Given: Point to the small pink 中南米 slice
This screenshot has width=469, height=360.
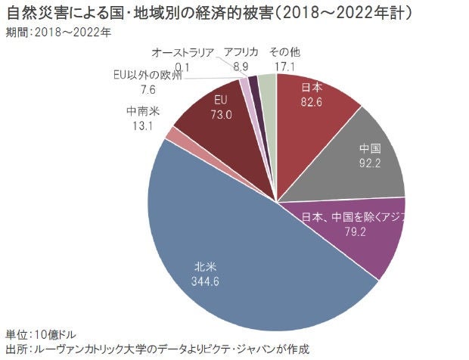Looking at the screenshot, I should pyautogui.click(x=173, y=135).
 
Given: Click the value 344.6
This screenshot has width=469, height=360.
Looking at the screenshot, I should pyautogui.click(x=207, y=281).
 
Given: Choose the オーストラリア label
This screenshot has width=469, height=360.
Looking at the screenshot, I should pyautogui.click(x=182, y=52).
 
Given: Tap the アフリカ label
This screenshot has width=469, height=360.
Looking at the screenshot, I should pyautogui.click(x=241, y=52).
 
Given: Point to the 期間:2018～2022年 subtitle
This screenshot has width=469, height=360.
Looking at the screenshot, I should pyautogui.click(x=57, y=32).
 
